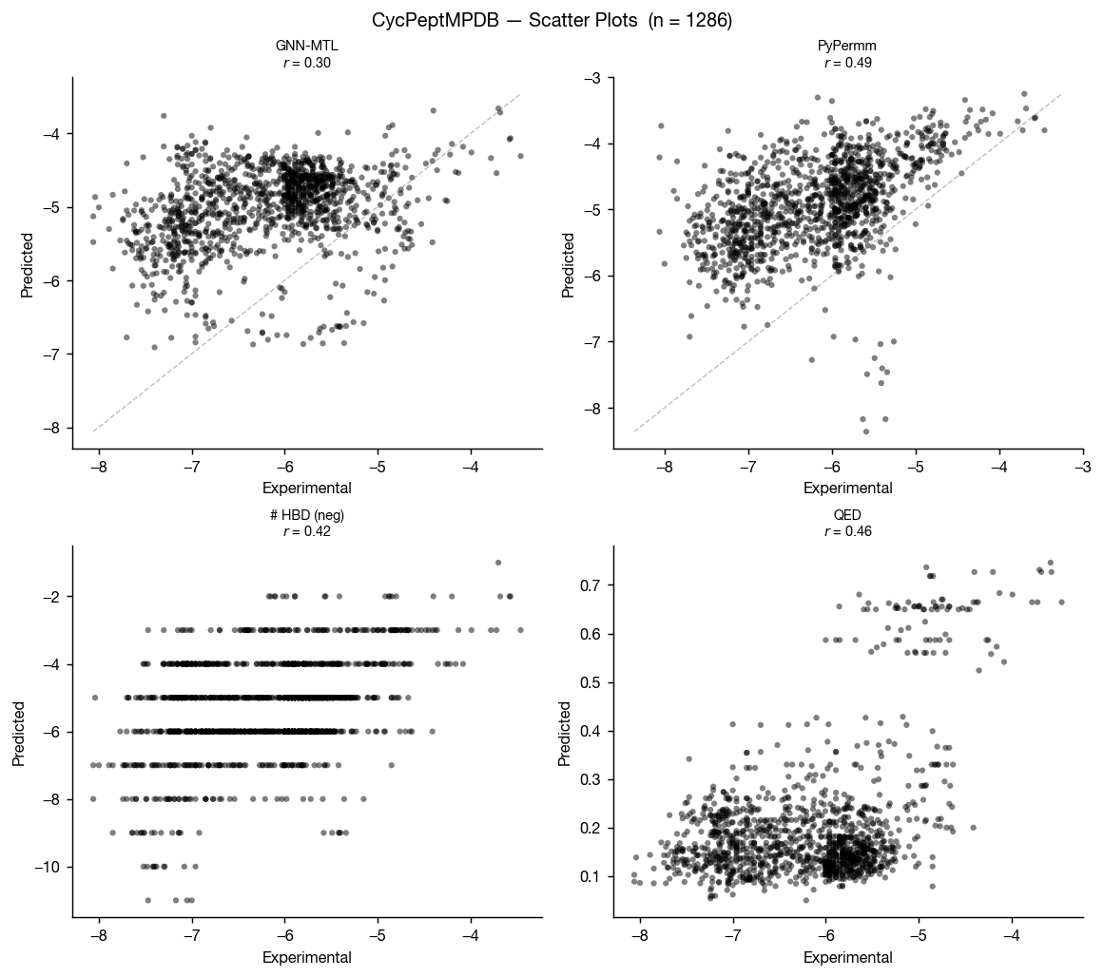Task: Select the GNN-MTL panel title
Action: (307, 46)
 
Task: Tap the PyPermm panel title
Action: (847, 46)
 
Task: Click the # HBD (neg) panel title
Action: (307, 515)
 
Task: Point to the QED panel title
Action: (847, 515)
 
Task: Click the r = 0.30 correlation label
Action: (307, 63)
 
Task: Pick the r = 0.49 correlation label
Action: (847, 63)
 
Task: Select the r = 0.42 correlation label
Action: (307, 532)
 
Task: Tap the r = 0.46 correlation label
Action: (847, 532)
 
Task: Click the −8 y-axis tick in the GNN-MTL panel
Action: (53, 428)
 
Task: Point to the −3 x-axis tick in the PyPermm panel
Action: (1082, 467)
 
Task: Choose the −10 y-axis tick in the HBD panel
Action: (49, 867)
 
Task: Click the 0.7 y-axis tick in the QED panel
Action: (594, 584)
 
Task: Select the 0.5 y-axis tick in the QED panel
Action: (594, 682)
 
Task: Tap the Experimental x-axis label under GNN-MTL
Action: (307, 488)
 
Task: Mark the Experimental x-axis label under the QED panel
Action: (847, 958)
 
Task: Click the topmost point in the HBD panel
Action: (498, 563)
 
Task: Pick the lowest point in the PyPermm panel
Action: (865, 431)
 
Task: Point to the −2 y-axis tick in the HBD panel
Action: (53, 597)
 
